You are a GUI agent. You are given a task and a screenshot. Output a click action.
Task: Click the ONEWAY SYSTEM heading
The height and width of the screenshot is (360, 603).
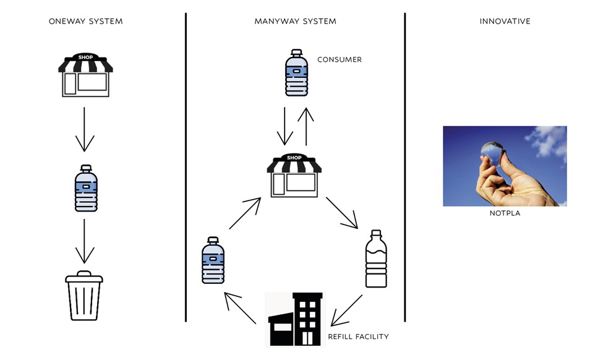85,21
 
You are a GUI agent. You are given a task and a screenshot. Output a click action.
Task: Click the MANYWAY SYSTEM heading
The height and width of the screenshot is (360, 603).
295,21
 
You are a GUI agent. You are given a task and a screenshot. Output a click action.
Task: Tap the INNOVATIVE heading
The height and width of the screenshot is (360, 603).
505,21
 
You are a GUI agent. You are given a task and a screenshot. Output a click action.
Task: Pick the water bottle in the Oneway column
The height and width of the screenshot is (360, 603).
85,189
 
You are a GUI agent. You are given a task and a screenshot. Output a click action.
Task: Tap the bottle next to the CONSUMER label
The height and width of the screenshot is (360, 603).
296,73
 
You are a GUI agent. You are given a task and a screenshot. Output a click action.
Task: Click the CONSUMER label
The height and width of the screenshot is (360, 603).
339,60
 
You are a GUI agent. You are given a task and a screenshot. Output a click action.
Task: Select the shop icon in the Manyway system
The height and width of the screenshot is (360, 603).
295,176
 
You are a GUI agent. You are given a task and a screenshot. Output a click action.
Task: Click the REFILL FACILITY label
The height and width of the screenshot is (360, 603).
358,337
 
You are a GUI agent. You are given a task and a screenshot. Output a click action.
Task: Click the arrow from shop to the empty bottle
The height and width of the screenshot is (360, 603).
342,213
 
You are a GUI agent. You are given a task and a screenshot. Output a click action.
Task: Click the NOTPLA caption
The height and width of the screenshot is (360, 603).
505,214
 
